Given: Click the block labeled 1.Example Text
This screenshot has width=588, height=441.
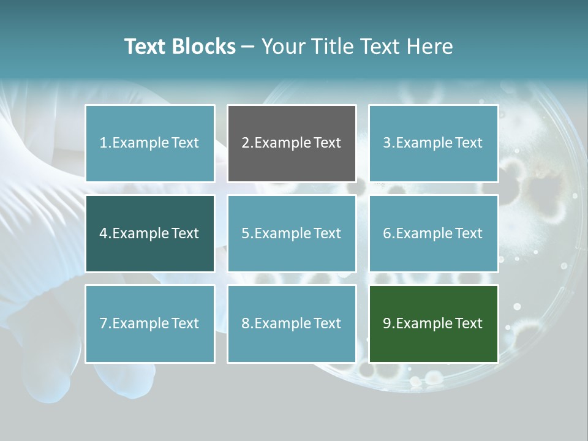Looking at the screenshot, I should pos(149,143).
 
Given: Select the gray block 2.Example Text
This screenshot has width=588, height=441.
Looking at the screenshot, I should pos(292,143).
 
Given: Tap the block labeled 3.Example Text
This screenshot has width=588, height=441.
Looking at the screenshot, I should pos(433,143).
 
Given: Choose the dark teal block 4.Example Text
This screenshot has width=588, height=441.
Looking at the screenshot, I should pos(149,233).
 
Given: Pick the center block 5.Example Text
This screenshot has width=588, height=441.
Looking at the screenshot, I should pos(292,233).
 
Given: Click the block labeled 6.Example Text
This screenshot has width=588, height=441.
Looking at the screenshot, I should pos(433,233).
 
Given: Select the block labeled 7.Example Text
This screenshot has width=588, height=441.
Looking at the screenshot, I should pos(149,323).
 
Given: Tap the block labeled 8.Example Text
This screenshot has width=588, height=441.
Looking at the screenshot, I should pos(292,323).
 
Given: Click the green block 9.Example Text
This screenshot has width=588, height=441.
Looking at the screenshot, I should pos(433,323).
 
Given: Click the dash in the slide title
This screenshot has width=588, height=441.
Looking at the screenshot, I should pos(249,47).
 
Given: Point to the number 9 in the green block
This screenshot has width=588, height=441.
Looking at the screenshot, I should pos(387,323).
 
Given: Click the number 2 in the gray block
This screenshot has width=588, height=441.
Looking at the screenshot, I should pos(245,143).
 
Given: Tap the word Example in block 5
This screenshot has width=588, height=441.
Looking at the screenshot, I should pos(282,233).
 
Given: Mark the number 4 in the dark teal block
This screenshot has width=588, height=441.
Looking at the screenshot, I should pos(104,233).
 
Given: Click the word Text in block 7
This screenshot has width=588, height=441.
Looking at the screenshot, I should pos(185,323).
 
